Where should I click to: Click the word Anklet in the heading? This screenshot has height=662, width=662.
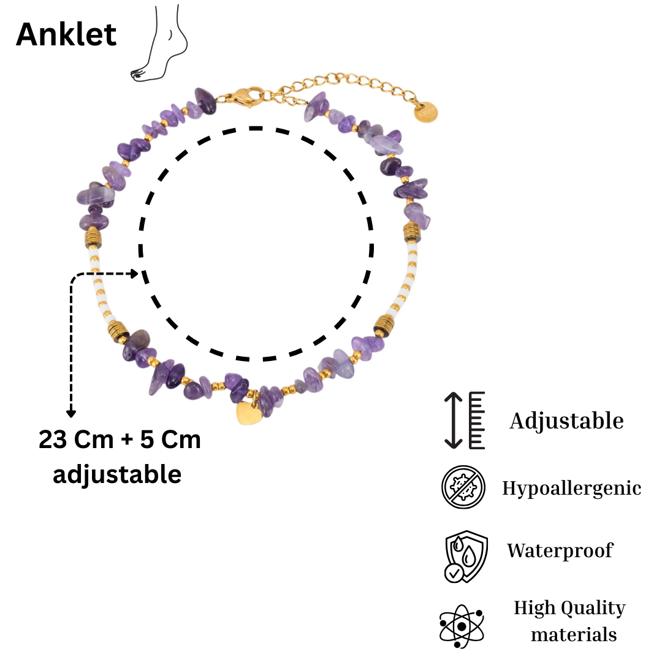66,34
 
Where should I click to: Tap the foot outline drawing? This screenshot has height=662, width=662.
159,43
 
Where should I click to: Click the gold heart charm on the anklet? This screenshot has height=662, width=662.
249,413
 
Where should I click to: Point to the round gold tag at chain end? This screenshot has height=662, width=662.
425,113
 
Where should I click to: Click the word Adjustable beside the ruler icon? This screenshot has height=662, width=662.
566,421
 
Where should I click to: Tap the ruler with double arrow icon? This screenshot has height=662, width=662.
465,420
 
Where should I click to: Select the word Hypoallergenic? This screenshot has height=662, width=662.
572,489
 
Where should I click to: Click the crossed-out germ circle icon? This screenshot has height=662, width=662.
463,487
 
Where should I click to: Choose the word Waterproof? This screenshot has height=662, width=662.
560,550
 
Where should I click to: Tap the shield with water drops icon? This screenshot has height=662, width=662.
466,557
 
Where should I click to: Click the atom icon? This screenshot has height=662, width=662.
462,626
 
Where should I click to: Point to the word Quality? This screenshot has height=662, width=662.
593,609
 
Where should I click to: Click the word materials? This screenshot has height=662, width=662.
574,634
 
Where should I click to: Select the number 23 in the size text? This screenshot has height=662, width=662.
53,439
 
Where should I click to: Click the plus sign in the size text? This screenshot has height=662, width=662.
127,440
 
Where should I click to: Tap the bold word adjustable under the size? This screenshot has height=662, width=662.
117,474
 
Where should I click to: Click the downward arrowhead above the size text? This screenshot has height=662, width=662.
71,413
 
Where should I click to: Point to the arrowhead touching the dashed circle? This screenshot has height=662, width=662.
134,273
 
